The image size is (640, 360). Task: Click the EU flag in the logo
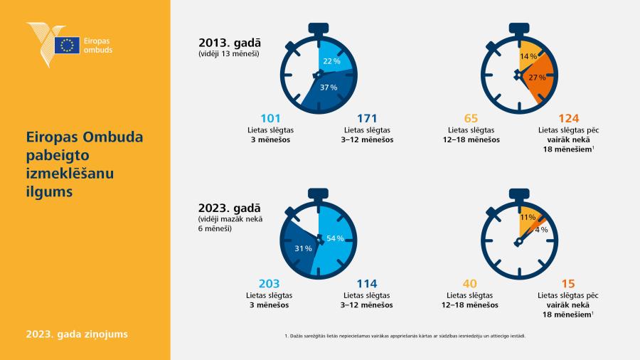[67, 45]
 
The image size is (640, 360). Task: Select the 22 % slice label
[331, 61]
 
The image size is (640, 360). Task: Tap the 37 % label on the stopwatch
[329, 88]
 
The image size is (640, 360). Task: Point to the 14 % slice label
[528, 56]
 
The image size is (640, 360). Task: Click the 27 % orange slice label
[537, 77]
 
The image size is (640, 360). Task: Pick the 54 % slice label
[335, 238]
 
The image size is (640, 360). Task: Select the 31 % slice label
[303, 248]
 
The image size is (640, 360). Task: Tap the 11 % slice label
[528, 217]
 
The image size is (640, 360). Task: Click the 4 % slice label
[541, 230]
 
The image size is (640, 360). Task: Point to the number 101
[270, 118]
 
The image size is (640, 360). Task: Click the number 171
[367, 118]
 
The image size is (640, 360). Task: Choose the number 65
[471, 118]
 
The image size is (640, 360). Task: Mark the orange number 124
[569, 118]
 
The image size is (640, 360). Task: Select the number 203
[269, 284]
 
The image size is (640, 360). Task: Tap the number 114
[366, 284]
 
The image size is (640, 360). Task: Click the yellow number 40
[470, 284]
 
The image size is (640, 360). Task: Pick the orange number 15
[568, 284]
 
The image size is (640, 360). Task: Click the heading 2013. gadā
[230, 43]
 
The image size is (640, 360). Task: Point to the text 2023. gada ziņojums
[77, 334]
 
